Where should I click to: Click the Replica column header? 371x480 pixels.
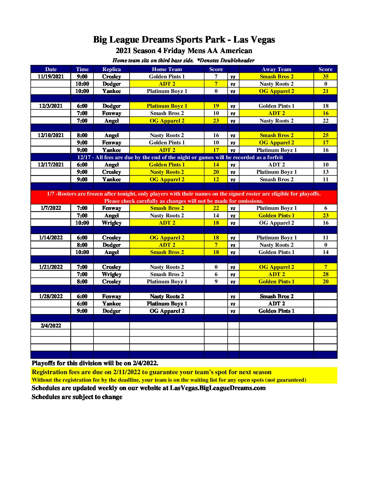pyautogui.click(x=112, y=69)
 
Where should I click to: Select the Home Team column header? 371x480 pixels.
pyautogui.click(x=167, y=69)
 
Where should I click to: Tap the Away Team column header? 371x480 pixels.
pyautogui.click(x=276, y=69)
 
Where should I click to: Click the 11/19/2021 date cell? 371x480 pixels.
pyautogui.click(x=51, y=76)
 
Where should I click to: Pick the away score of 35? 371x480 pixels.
pyautogui.click(x=325, y=76)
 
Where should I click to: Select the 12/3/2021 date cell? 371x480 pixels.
pyautogui.click(x=51, y=106)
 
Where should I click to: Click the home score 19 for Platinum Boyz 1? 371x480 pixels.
pyautogui.click(x=216, y=106)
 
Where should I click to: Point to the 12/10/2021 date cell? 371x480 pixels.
pyautogui.click(x=51, y=135)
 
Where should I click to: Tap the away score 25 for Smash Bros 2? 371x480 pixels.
pyautogui.click(x=325, y=135)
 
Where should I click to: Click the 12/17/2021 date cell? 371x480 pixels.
pyautogui.click(x=51, y=165)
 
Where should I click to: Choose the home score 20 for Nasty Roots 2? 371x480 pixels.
pyautogui.click(x=216, y=172)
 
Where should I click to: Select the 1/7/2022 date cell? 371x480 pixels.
pyautogui.click(x=51, y=208)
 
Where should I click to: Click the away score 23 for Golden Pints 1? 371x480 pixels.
pyautogui.click(x=325, y=215)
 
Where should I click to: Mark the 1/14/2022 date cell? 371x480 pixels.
pyautogui.click(x=51, y=238)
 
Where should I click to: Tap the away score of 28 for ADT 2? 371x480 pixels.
pyautogui.click(x=325, y=274)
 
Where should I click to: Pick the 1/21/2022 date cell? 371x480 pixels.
pyautogui.click(x=51, y=267)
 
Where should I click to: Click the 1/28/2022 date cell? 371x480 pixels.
pyautogui.click(x=51, y=296)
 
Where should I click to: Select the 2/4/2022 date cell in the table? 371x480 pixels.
pyautogui.click(x=51, y=326)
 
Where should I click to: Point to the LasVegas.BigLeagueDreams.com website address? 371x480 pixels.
pyautogui.click(x=218, y=388)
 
